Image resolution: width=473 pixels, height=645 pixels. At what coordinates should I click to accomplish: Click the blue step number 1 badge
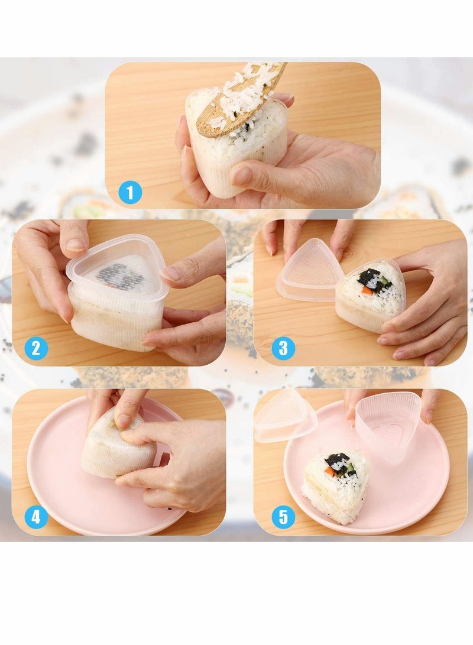pos(130,192)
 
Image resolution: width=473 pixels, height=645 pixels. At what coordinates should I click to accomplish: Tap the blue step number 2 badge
pos(36,348)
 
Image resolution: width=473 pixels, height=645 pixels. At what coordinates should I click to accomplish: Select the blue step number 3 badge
pos(283,348)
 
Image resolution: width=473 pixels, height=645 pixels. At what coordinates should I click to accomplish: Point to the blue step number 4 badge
pos(36,517)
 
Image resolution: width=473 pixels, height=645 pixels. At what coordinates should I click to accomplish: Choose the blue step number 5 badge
pos(283,517)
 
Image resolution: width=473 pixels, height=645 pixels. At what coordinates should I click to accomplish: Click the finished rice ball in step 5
pos(336,485)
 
